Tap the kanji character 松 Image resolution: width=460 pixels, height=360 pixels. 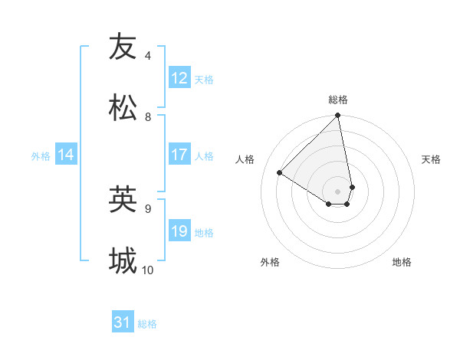click(x=123, y=108)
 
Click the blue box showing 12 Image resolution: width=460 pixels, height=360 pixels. click(x=179, y=78)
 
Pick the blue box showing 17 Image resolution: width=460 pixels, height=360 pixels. click(x=179, y=155)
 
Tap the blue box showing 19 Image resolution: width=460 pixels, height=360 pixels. click(x=179, y=231)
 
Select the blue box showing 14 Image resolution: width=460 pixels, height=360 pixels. click(x=66, y=155)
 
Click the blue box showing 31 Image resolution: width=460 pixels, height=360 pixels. click(x=123, y=323)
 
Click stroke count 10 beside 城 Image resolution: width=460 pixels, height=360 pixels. click(x=148, y=270)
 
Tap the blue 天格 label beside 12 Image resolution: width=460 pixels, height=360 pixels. click(x=204, y=79)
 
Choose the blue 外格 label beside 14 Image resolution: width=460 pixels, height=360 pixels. click(x=41, y=155)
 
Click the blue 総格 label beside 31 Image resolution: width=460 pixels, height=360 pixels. click(x=147, y=324)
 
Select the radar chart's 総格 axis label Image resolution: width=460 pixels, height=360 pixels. click(x=338, y=100)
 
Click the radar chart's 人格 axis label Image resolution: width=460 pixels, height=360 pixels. click(x=245, y=159)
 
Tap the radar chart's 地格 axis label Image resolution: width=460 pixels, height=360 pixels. click(x=402, y=262)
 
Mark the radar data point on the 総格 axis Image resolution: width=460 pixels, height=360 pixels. click(x=337, y=116)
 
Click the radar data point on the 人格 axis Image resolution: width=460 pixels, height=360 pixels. click(x=280, y=173)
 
